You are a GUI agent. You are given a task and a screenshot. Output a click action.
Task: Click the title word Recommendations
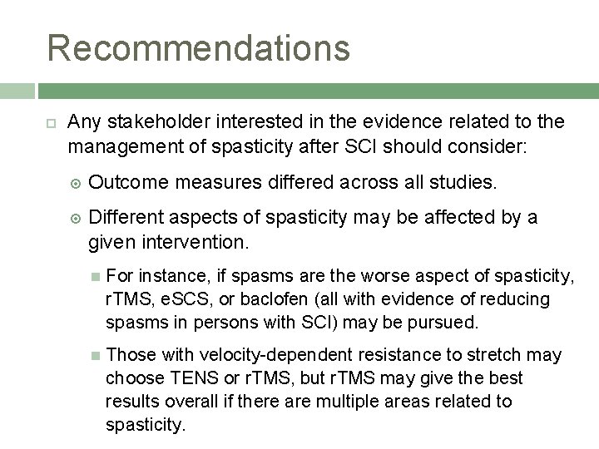click(199, 47)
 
